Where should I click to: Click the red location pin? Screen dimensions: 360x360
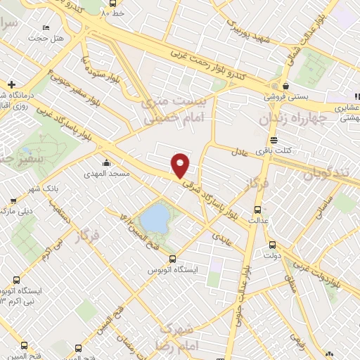(181, 165)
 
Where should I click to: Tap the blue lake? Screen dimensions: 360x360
(154, 216)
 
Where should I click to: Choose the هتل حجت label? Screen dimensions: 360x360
(53, 37)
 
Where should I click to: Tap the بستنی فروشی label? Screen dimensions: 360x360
(285, 97)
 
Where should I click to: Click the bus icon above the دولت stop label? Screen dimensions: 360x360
(272, 245)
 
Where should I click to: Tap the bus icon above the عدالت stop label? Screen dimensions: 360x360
(257, 210)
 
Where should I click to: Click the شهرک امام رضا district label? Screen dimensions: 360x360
(179, 337)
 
